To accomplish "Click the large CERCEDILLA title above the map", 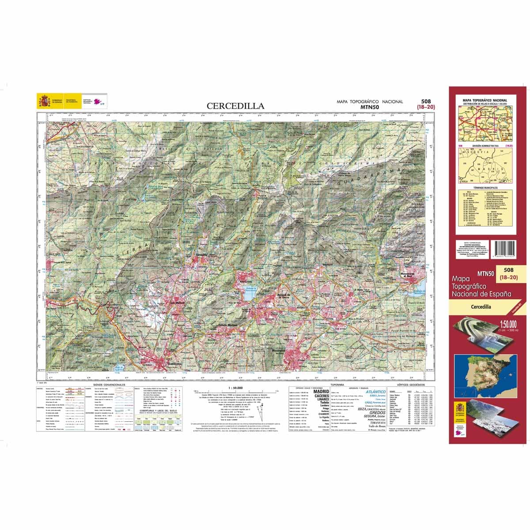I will [x=236, y=106].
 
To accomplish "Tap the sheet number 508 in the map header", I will [x=426, y=101].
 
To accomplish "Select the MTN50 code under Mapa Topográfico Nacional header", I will [x=369, y=106].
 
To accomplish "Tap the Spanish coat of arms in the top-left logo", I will [x=44, y=102].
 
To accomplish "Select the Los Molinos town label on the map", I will [x=178, y=303].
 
